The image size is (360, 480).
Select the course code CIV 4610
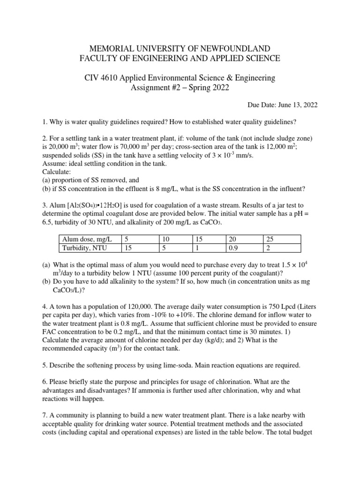(x=101, y=78)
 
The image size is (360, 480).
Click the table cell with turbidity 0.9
(x=232, y=248)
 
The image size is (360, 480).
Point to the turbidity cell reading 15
(x=128, y=248)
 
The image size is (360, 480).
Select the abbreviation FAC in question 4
(x=50, y=333)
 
